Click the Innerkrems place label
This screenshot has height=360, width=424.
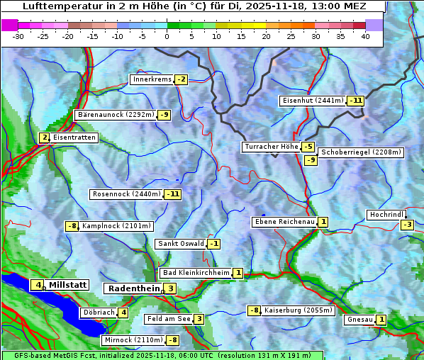[x=152, y=79]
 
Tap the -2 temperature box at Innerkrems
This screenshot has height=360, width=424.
[x=182, y=79]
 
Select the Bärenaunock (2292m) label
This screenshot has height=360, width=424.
[x=115, y=114]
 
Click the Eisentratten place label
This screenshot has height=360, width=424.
[x=74, y=137]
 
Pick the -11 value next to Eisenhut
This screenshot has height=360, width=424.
[x=356, y=101]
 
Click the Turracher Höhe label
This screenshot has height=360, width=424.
[x=271, y=147]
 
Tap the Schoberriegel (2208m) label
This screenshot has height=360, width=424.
[x=361, y=152]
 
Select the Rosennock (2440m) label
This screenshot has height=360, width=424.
[x=126, y=193]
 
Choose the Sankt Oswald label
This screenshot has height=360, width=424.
[x=180, y=244]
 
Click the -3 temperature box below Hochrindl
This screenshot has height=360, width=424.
[x=407, y=225]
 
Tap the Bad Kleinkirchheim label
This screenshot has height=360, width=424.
[x=196, y=273]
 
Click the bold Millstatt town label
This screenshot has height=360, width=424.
[x=68, y=285]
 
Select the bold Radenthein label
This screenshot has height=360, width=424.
[x=133, y=288]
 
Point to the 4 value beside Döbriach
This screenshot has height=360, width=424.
[x=123, y=312]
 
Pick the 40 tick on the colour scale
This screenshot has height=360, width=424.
[x=365, y=35]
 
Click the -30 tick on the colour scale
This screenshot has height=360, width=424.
[x=18, y=35]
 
